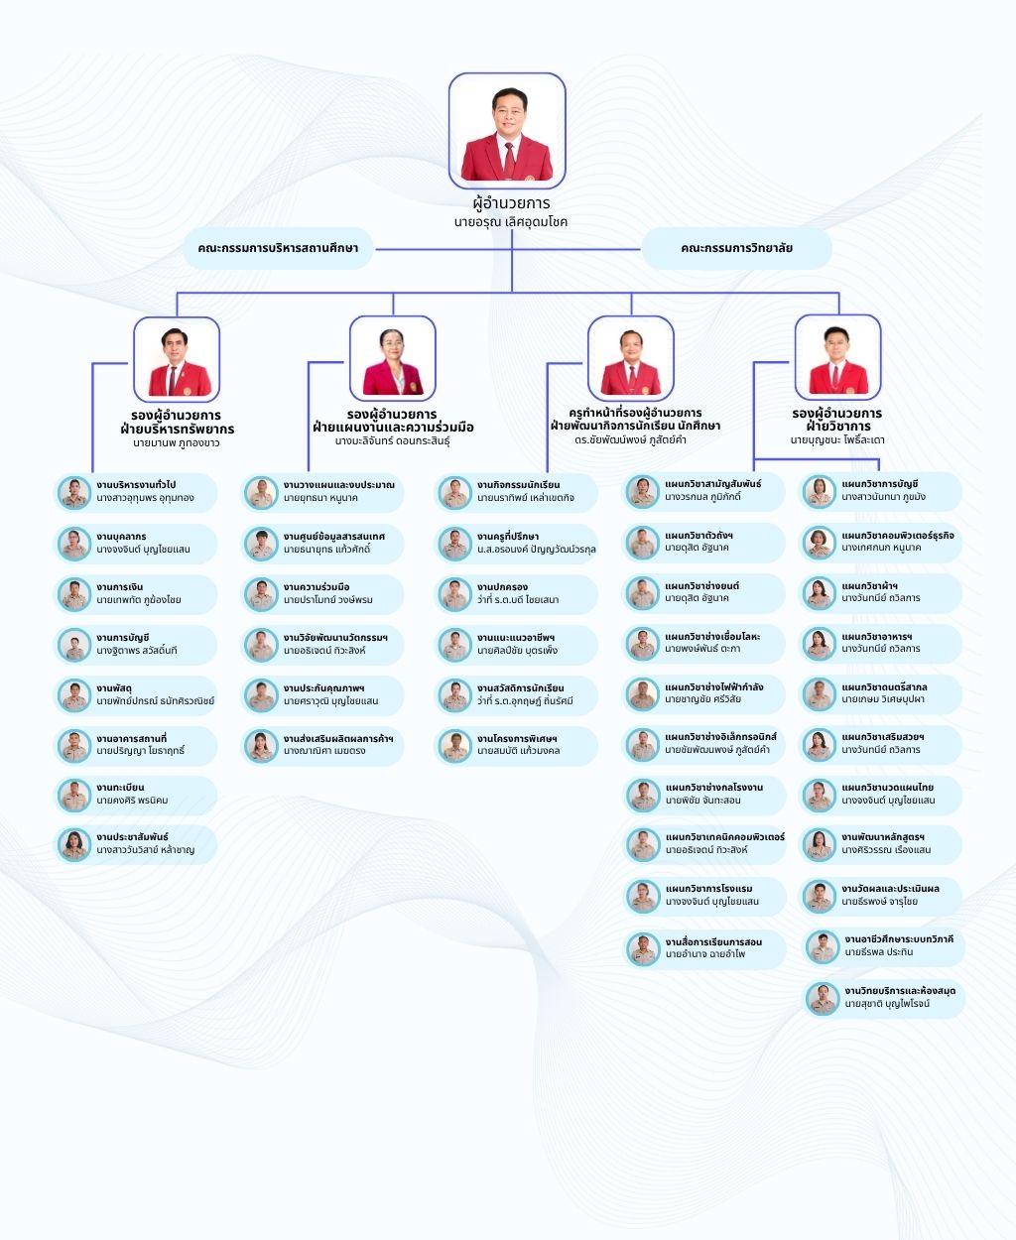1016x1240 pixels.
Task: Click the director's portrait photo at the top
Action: click(x=507, y=130)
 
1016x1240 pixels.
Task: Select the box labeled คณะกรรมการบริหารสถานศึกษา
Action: click(x=278, y=248)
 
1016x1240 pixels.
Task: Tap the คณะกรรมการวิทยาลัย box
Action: click(x=736, y=248)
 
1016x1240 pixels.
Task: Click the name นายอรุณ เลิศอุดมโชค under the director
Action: click(x=510, y=222)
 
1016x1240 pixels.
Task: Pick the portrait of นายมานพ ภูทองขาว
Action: click(x=177, y=359)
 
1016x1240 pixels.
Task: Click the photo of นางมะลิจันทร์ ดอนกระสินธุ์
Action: click(x=393, y=358)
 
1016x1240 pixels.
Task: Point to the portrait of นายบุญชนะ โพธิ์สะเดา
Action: click(x=838, y=358)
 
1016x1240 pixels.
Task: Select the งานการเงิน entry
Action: click(x=135, y=594)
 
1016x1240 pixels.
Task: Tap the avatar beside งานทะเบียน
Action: click(x=74, y=796)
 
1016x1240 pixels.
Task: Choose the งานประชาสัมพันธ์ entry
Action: click(x=135, y=844)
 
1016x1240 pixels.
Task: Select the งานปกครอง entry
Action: click(x=516, y=594)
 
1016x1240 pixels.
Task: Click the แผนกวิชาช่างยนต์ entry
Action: click(x=703, y=593)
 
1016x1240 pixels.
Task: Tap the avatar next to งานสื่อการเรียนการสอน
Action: click(x=643, y=948)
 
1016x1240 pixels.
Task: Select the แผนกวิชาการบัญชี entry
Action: click(x=880, y=491)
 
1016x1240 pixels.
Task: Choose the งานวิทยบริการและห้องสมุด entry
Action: click(x=884, y=998)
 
